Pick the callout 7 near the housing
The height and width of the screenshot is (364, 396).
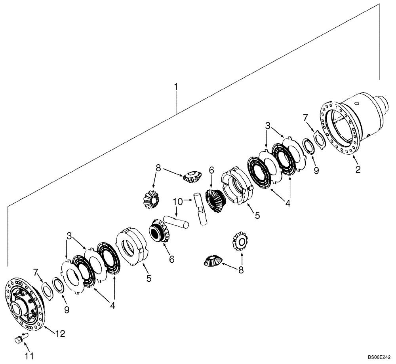tap(305, 118)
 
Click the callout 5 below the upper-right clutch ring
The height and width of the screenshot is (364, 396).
tap(257, 216)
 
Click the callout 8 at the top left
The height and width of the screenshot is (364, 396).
tap(158, 168)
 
